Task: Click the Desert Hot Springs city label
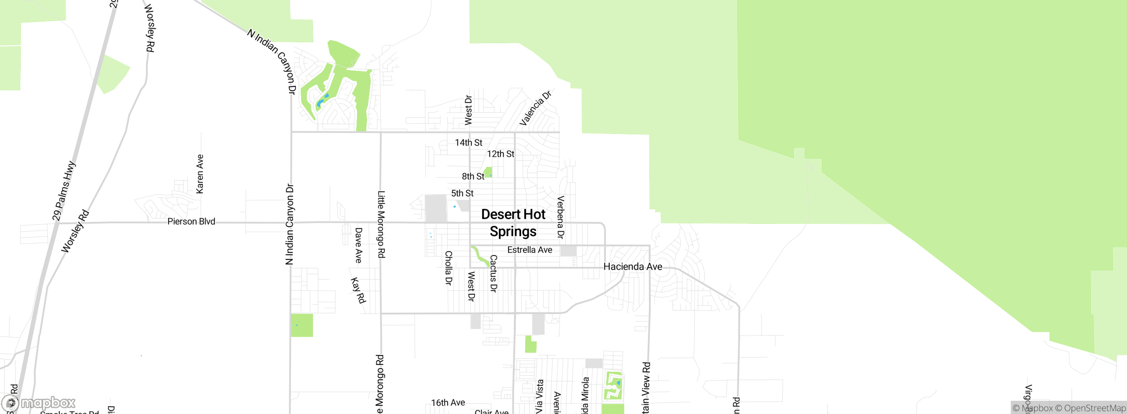click(x=513, y=223)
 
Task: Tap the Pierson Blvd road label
click(x=191, y=221)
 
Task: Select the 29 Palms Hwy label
click(x=64, y=191)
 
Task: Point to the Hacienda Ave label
click(x=633, y=266)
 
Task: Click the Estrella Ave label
click(x=530, y=250)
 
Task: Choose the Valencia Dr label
click(x=535, y=108)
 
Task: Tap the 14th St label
click(x=468, y=143)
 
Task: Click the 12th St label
click(x=501, y=154)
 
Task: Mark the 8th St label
click(x=473, y=176)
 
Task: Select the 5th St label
click(x=462, y=193)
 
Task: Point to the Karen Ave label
click(x=200, y=174)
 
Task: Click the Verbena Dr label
click(x=560, y=218)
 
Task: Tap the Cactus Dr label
click(x=494, y=273)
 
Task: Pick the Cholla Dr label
click(x=448, y=268)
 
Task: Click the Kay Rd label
click(x=358, y=290)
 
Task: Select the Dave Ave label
click(x=358, y=245)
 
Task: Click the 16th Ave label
click(x=448, y=403)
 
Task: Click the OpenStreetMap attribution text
click(x=1090, y=408)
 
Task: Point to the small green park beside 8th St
click(x=488, y=172)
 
